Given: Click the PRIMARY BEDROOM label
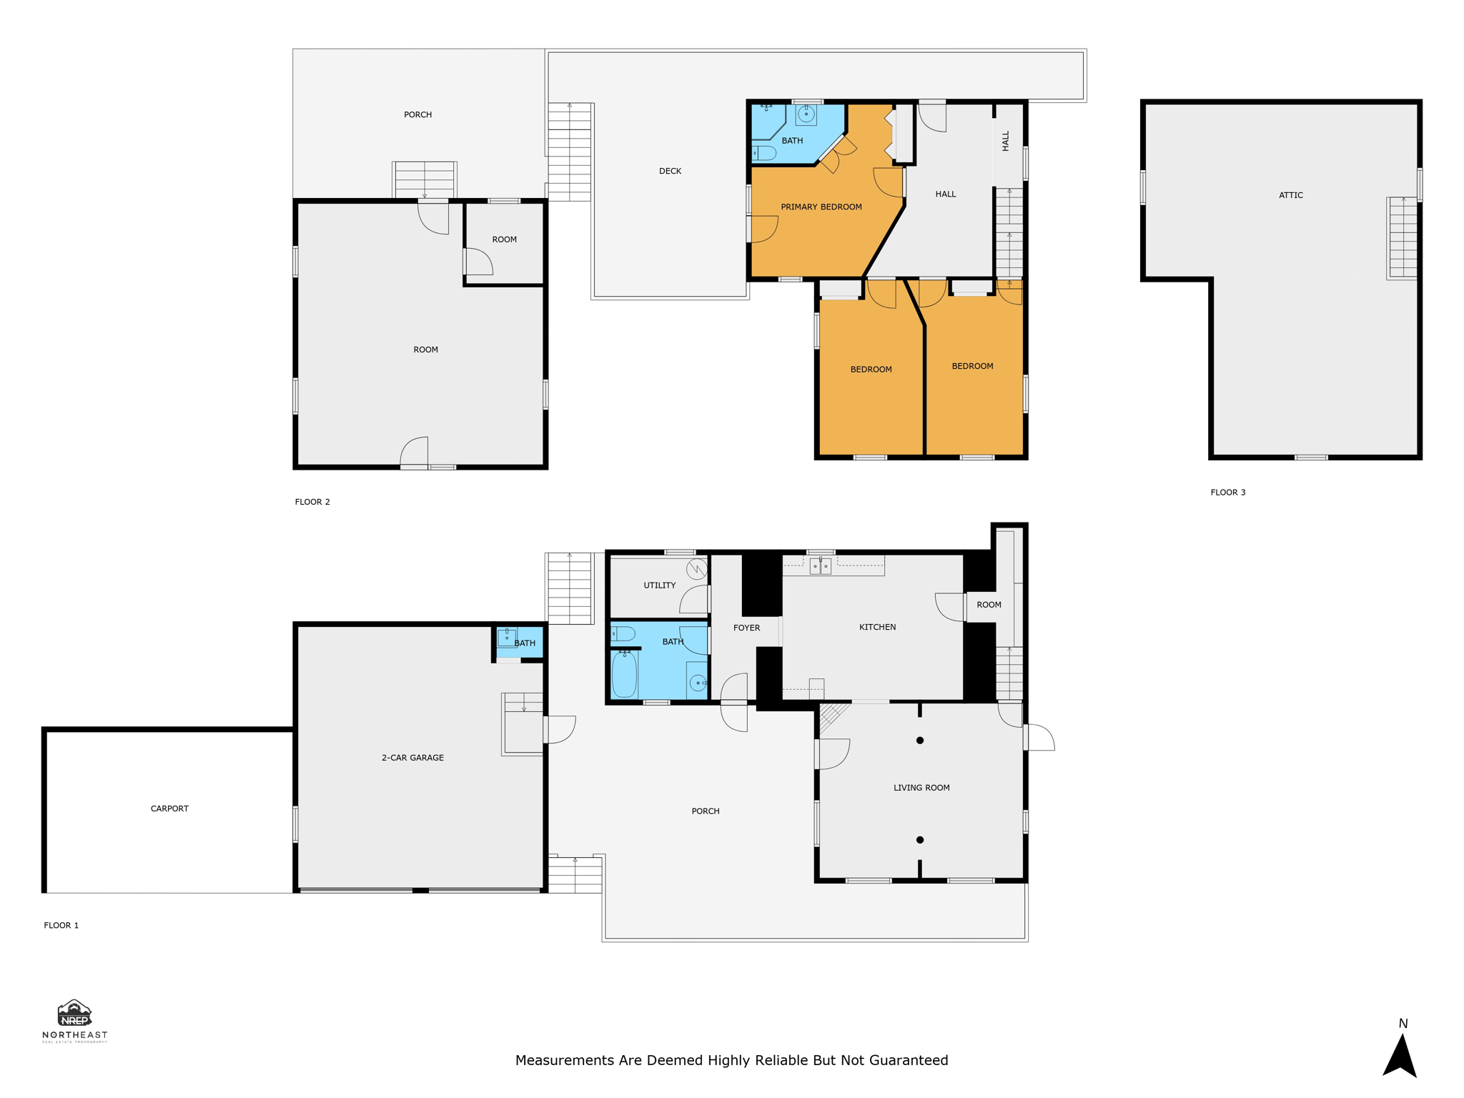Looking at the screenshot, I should click(821, 207).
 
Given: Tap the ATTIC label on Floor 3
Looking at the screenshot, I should click(1290, 195).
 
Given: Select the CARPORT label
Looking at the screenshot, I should click(169, 808).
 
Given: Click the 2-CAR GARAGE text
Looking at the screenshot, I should click(412, 758).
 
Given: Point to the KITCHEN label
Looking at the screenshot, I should click(877, 627).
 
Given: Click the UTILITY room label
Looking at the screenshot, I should click(659, 585).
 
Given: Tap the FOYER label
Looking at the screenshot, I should click(746, 628).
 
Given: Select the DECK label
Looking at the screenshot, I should click(670, 171).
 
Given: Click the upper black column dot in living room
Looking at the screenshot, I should click(920, 741).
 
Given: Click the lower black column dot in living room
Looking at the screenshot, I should click(920, 840).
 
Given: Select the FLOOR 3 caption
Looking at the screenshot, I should click(1227, 493).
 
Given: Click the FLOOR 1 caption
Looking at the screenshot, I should click(61, 925).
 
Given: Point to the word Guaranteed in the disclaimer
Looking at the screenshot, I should click(908, 1060).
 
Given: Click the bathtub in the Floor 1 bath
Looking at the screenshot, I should click(624, 674).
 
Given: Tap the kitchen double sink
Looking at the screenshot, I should click(820, 567).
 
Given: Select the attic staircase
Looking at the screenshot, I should click(1402, 238).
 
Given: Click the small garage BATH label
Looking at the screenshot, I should click(525, 643).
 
